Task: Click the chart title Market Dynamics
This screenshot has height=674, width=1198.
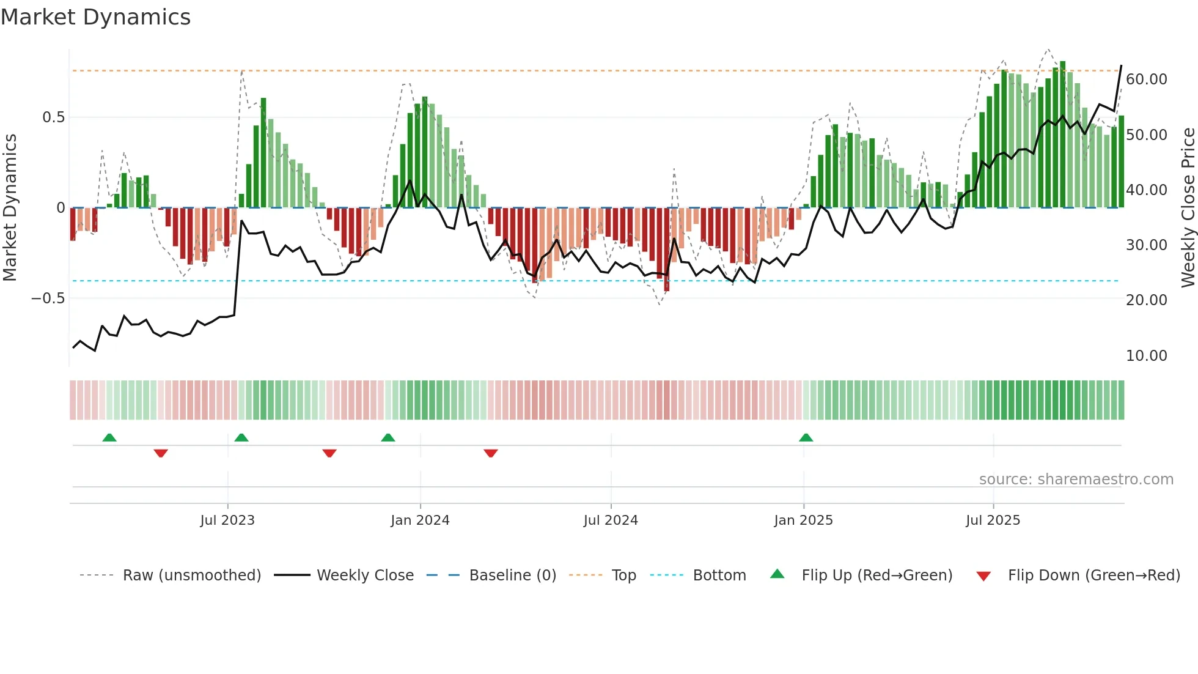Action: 95,17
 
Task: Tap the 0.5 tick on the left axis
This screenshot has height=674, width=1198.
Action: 53,117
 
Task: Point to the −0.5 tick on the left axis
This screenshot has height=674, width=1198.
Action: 48,298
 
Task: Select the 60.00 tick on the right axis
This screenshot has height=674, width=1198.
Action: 1146,80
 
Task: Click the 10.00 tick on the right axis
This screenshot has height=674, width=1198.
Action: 1146,356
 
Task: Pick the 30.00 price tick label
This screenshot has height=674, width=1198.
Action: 1146,245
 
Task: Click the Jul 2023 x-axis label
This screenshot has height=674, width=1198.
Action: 227,520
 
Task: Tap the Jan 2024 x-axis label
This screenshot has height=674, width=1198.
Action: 420,520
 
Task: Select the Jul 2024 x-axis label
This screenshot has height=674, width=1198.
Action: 611,520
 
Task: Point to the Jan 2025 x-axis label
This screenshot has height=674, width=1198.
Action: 803,520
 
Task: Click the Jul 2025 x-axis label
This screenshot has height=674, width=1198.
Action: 993,520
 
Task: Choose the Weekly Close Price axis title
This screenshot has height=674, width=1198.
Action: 1188,208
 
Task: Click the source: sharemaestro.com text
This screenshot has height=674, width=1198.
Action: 1076,480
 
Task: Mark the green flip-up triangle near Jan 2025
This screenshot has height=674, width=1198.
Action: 806,438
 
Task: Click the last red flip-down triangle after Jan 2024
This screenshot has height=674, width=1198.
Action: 490,453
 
